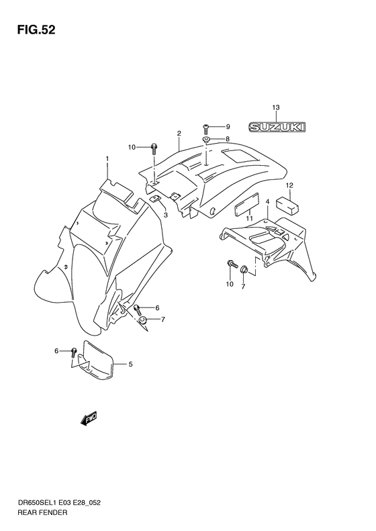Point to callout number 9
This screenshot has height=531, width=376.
[228, 126]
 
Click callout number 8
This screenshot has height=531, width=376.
[228, 139]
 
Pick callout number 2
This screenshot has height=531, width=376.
[179, 133]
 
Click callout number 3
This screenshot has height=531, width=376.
[165, 215]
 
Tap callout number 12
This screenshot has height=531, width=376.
[289, 185]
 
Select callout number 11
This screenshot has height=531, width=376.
[248, 219]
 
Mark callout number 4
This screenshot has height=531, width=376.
[267, 201]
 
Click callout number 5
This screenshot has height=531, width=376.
[130, 365]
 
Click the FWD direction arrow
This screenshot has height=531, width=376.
[89, 420]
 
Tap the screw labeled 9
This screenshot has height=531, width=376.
[207, 127]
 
